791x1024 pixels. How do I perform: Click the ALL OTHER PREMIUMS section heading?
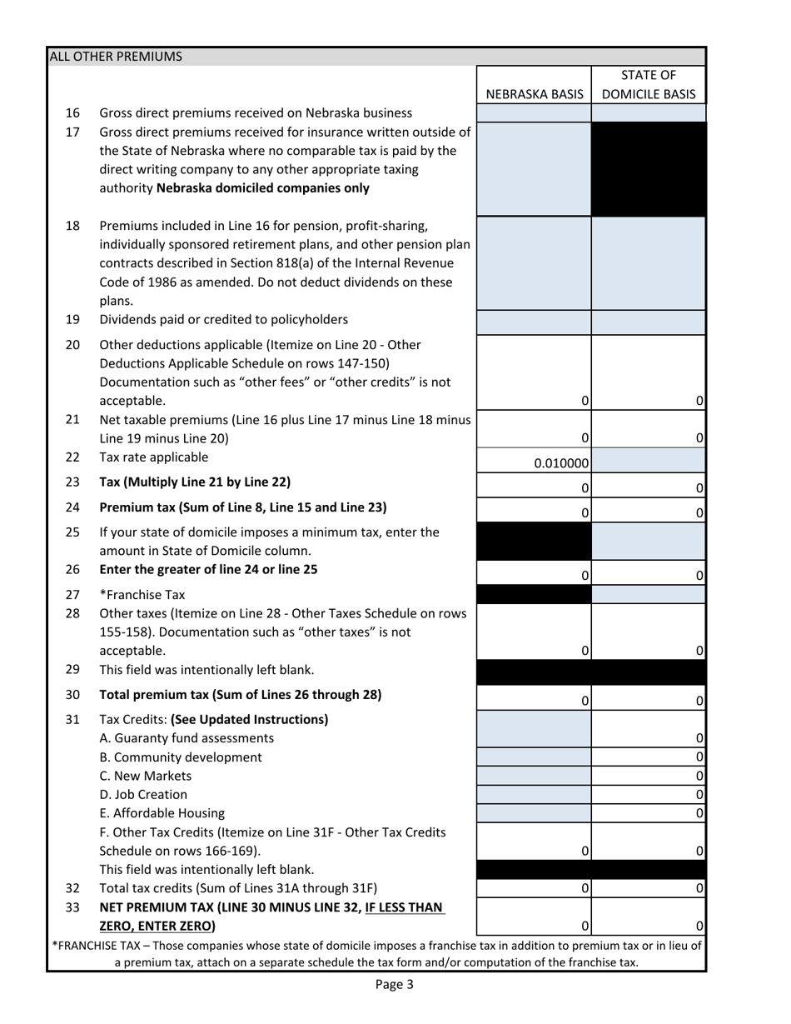point(116,57)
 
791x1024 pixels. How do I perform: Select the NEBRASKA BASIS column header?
point(534,94)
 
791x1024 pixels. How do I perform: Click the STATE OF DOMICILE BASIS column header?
point(648,85)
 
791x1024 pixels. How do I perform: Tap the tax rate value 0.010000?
point(563,463)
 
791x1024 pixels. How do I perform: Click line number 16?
point(72,112)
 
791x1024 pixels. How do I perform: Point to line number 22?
point(72,457)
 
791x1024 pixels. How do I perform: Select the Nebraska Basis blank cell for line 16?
point(534,113)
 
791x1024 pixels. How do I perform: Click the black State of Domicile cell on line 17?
point(648,169)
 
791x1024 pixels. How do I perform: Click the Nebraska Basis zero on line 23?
point(585,487)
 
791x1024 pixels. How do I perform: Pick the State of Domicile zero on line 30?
point(699,702)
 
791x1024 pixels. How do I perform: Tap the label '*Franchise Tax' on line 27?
point(142,595)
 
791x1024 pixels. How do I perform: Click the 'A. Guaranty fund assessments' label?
point(187,738)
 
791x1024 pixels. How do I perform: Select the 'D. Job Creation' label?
point(143,795)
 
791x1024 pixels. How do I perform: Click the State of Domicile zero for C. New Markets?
point(699,776)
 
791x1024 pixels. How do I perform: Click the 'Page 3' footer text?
point(394,984)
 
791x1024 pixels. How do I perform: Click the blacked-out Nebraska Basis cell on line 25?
point(534,542)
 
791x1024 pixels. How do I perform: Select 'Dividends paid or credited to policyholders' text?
point(223,319)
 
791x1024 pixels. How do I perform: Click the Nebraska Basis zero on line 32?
point(585,888)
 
